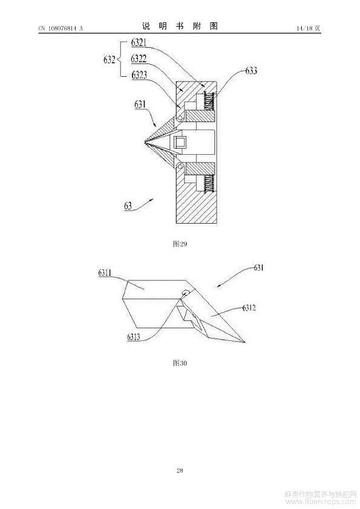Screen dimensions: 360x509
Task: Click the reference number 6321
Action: pyautogui.click(x=139, y=43)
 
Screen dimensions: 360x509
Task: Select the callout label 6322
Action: pyautogui.click(x=139, y=59)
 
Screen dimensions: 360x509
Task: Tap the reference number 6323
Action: pyautogui.click(x=139, y=75)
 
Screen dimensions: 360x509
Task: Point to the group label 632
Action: pyautogui.click(x=110, y=60)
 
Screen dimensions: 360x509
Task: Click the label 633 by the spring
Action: pyautogui.click(x=251, y=71)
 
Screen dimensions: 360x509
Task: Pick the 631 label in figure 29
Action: pyautogui.click(x=140, y=105)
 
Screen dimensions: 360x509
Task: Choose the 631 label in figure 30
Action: pyautogui.click(x=258, y=268)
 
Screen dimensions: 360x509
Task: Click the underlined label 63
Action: pyautogui.click(x=128, y=206)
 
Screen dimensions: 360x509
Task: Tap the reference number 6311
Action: pyautogui.click(x=105, y=273)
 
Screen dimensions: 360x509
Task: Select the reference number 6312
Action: pyautogui.click(x=249, y=308)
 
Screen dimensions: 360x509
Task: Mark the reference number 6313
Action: pyautogui.click(x=134, y=337)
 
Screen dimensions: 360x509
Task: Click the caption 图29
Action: pyautogui.click(x=180, y=244)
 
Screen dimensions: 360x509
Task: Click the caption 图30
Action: pyautogui.click(x=180, y=363)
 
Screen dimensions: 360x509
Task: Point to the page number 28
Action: pyautogui.click(x=180, y=470)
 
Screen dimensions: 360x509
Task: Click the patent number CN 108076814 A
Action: pyautogui.click(x=61, y=28)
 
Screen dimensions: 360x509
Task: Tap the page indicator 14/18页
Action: pyautogui.click(x=309, y=28)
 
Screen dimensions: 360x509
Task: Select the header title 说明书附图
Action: pyautogui.click(x=180, y=26)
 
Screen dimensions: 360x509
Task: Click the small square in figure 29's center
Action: pyautogui.click(x=180, y=142)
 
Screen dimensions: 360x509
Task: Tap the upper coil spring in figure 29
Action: pyautogui.click(x=209, y=102)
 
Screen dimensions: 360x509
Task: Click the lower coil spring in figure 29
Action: pyautogui.click(x=209, y=183)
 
